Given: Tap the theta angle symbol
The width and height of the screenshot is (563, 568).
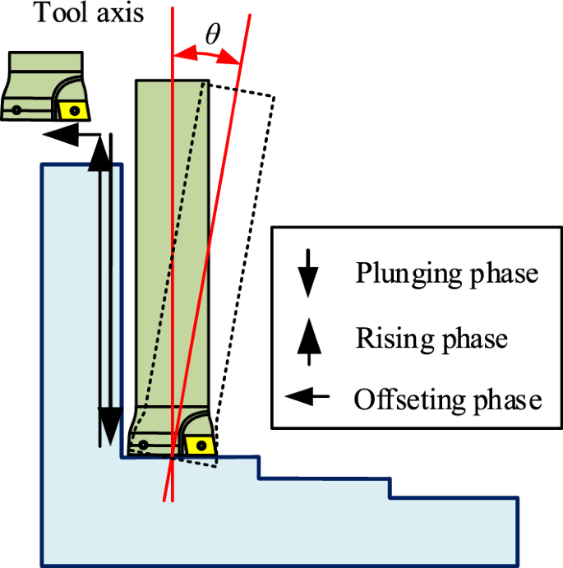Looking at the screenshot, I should tap(212, 35).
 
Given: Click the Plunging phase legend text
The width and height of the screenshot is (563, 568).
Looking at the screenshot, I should tap(446, 274).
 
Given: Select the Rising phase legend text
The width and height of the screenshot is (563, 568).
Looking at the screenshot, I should tap(431, 337).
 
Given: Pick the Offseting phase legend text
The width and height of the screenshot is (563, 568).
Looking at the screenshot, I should tap(447, 400).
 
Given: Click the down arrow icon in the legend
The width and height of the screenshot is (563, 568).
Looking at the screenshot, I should tap(307, 273).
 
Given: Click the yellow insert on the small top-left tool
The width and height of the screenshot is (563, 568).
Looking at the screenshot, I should tap(73, 109).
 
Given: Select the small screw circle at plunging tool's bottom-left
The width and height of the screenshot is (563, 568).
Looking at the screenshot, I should tap(143, 446).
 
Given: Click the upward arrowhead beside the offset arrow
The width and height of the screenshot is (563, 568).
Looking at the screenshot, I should tap(99, 154).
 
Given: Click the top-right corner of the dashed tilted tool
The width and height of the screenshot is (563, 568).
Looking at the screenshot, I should tap(273, 97).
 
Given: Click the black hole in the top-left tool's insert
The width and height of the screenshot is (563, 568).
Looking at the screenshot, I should tap(74, 109).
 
